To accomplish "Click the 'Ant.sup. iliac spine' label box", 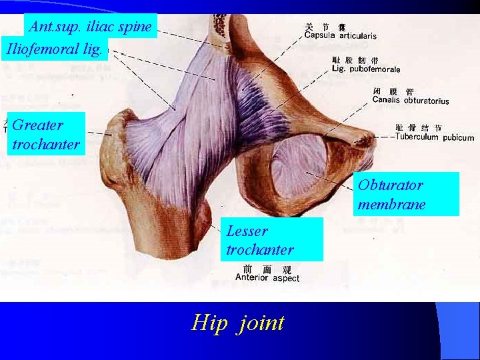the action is pyautogui.click(x=91, y=27).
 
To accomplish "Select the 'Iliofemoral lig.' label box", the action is pyautogui.click(x=55, y=49).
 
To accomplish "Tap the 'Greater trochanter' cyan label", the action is pyautogui.click(x=46, y=134).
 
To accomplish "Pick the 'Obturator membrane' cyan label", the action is pyautogui.click(x=405, y=194).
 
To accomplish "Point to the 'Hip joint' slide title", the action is pyautogui.click(x=238, y=323).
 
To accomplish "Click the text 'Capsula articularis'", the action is pyautogui.click(x=340, y=36).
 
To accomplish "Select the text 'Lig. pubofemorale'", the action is pyautogui.click(x=365, y=69).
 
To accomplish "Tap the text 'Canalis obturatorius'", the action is pyautogui.click(x=411, y=101).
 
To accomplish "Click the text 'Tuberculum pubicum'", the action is pyautogui.click(x=434, y=137).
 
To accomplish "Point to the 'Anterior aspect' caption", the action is pyautogui.click(x=267, y=278).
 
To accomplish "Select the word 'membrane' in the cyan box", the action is pyautogui.click(x=391, y=204).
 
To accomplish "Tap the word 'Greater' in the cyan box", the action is pyautogui.click(x=38, y=125).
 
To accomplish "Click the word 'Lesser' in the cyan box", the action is pyautogui.click(x=247, y=231).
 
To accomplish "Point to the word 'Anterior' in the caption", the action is pyautogui.click(x=252, y=278).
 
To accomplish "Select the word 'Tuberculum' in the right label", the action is pyautogui.click(x=418, y=137).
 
